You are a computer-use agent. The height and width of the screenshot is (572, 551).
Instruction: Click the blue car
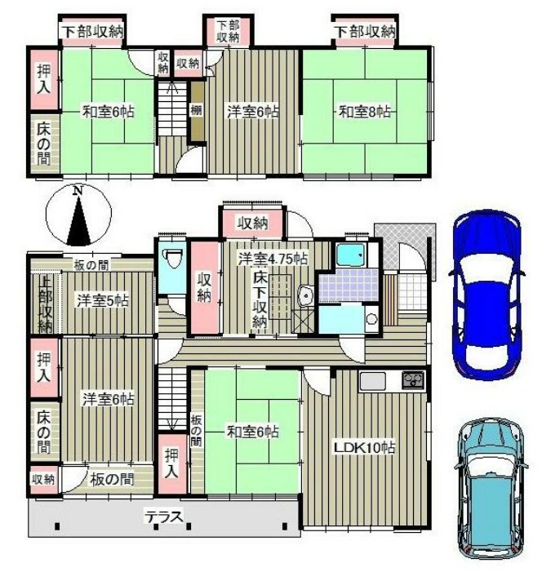[x=487, y=295]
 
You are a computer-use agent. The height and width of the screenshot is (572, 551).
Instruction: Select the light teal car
[x=491, y=493]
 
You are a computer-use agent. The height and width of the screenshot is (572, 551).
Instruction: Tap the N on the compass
[x=77, y=191]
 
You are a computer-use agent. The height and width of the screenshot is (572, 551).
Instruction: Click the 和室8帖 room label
[x=365, y=111]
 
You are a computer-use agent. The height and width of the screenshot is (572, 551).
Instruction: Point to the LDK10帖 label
[x=365, y=447]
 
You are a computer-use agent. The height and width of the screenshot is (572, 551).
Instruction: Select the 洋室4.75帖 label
[x=273, y=259]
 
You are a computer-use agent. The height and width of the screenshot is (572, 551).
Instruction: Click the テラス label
[x=164, y=517]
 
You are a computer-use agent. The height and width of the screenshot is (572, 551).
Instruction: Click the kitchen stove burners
[x=413, y=380]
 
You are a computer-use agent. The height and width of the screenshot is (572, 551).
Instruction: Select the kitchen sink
[x=372, y=381]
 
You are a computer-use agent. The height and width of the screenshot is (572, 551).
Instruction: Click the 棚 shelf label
[x=196, y=110]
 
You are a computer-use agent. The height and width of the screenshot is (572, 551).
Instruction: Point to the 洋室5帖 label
[x=103, y=301]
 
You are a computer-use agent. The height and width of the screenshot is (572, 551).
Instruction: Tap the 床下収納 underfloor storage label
[x=260, y=301]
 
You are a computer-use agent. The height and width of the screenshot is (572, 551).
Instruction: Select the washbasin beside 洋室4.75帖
[x=305, y=295]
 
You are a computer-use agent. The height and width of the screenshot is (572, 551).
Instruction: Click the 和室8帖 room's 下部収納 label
[x=365, y=32]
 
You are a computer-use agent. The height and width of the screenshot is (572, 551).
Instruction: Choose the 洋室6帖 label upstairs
[x=253, y=111]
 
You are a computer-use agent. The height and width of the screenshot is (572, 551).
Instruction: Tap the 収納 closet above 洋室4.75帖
[x=252, y=224]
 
